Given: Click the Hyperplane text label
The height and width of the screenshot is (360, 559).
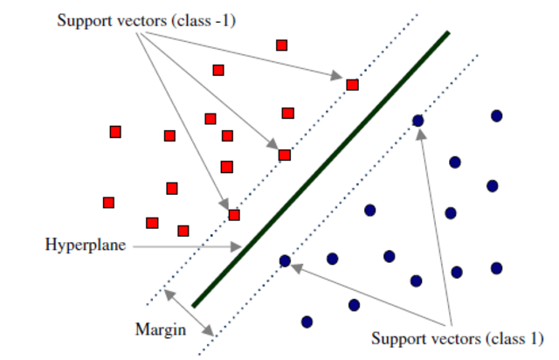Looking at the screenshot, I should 86,245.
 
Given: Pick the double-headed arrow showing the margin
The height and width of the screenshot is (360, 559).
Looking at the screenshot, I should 190,312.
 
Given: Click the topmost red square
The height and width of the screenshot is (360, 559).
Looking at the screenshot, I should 281,45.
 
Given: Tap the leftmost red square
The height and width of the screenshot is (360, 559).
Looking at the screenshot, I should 108,203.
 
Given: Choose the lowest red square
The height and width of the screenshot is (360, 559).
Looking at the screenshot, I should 183,231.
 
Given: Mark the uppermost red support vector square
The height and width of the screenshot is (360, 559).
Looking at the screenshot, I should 352,85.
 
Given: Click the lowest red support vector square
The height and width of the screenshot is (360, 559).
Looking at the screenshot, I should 234,215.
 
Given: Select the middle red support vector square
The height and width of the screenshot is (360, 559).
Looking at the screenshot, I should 284,155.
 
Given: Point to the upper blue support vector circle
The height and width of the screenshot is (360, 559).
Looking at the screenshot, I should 418,121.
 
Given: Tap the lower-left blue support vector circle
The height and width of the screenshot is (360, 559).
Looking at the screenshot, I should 285,260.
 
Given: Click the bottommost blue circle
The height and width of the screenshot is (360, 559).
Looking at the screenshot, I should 307,322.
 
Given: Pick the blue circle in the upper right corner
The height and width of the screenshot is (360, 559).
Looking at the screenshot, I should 496,115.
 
